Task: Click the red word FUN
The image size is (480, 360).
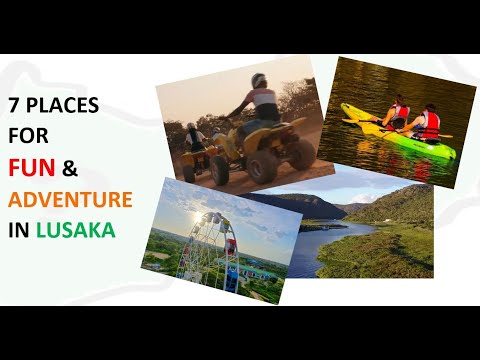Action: [x=32, y=167]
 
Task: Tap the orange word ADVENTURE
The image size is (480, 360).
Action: [x=70, y=199]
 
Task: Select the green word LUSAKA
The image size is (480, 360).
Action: [x=76, y=230]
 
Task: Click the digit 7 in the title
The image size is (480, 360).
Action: [x=13, y=105]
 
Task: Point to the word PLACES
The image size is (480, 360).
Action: [x=62, y=105]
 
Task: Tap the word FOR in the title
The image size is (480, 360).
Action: [x=28, y=136]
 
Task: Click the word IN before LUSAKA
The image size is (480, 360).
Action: [x=20, y=230]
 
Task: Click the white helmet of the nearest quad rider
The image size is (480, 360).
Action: [x=259, y=80]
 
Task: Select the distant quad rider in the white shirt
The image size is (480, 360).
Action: [x=195, y=137]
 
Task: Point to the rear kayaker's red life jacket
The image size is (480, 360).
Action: [x=429, y=125]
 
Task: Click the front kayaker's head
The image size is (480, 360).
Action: [x=400, y=99]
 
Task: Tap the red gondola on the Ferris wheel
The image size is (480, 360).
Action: [x=230, y=247]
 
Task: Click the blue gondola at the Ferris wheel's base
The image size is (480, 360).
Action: [x=231, y=280]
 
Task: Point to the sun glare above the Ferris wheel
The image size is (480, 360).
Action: [x=198, y=217]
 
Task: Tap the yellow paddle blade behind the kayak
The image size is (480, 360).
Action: [x=445, y=136]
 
